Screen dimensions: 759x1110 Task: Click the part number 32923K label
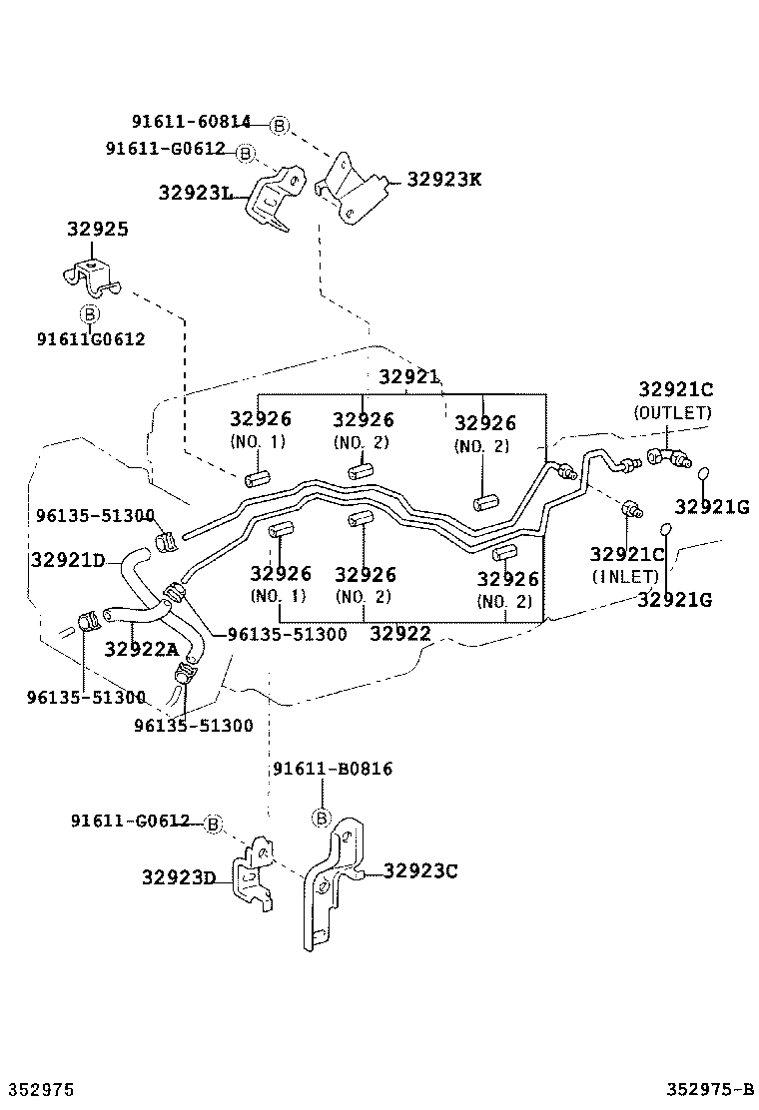coord(444,180)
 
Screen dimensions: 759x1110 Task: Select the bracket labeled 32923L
coord(275,198)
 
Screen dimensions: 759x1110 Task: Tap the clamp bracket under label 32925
coord(90,278)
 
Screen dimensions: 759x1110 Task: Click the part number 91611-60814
coord(191,122)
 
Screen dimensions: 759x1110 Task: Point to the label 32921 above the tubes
coord(408,376)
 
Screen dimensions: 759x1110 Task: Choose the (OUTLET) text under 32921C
coord(673,412)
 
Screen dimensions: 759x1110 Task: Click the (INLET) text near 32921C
coord(625,577)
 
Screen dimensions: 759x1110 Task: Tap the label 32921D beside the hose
coord(68,561)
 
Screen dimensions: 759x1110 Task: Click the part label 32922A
coord(142,649)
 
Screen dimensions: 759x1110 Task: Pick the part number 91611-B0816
coord(333,769)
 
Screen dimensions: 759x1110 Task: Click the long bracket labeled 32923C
coord(334,883)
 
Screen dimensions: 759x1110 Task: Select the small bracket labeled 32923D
coord(254,872)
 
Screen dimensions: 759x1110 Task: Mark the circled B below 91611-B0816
coord(322,819)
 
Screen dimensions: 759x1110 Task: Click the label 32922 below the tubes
coord(400,634)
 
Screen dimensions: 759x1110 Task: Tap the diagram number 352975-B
coord(709,1089)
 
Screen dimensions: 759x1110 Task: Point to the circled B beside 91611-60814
coord(279,126)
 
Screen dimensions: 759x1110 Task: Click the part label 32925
coord(98,230)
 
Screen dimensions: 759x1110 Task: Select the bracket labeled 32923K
coord(354,189)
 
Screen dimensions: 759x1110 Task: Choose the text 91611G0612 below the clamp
coord(91,339)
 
